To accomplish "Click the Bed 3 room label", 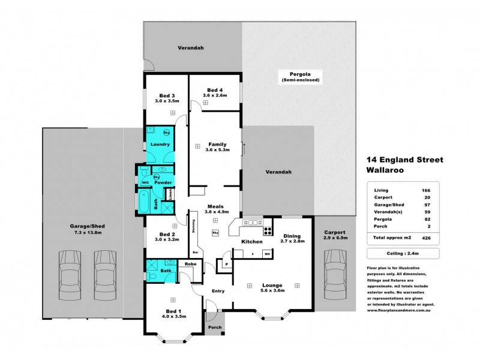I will [x=166, y=95].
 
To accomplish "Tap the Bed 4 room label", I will [x=214, y=89].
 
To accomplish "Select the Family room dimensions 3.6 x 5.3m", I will [x=217, y=150].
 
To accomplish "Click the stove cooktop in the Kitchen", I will [x=267, y=230].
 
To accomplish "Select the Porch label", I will [x=215, y=327].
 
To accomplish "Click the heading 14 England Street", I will [x=404, y=160].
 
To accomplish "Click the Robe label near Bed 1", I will [x=190, y=264].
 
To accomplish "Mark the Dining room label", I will [x=293, y=235].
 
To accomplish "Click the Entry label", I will [x=217, y=292].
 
